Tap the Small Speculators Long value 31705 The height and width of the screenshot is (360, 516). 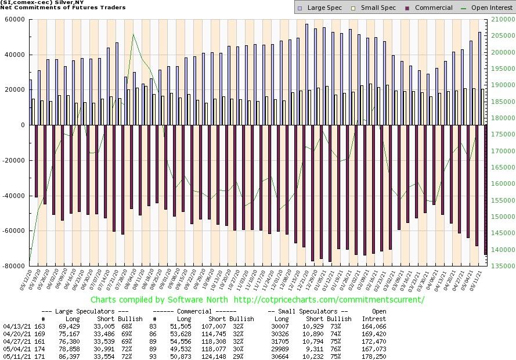(x=282, y=341)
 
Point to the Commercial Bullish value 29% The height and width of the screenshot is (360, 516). (x=246, y=357)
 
